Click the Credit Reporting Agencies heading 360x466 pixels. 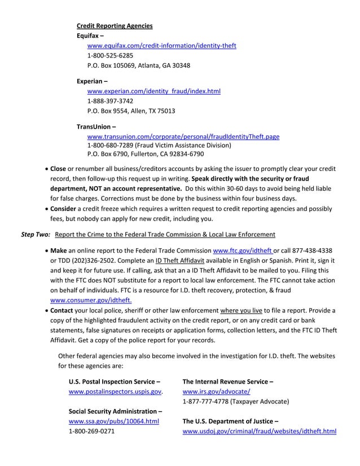[115, 26]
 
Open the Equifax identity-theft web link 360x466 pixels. [161, 46]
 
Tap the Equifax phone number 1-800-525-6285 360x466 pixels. [110, 55]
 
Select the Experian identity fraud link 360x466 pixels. [153, 91]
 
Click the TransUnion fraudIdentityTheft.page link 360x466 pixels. [183, 137]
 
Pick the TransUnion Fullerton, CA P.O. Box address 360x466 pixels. [145, 153]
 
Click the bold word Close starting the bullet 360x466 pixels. [58, 169]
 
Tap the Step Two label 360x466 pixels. [36, 234]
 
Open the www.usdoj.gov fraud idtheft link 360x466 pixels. [260, 431]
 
